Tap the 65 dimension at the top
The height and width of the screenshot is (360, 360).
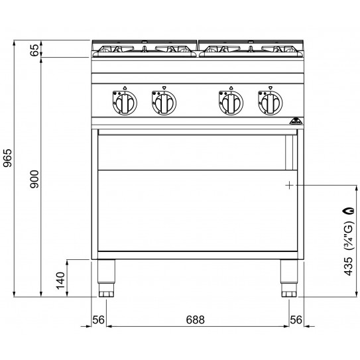click(x=35, y=50)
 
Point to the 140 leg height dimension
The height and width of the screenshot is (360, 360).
click(x=60, y=280)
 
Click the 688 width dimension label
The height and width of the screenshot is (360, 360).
click(x=195, y=320)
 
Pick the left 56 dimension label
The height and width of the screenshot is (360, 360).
click(x=99, y=320)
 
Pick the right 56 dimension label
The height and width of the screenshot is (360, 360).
click(x=296, y=320)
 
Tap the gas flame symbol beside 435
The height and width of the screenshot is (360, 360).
click(x=347, y=211)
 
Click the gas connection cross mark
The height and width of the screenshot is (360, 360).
click(x=289, y=185)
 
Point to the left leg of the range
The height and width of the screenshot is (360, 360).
click(x=105, y=278)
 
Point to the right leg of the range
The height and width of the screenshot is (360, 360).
click(x=288, y=278)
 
